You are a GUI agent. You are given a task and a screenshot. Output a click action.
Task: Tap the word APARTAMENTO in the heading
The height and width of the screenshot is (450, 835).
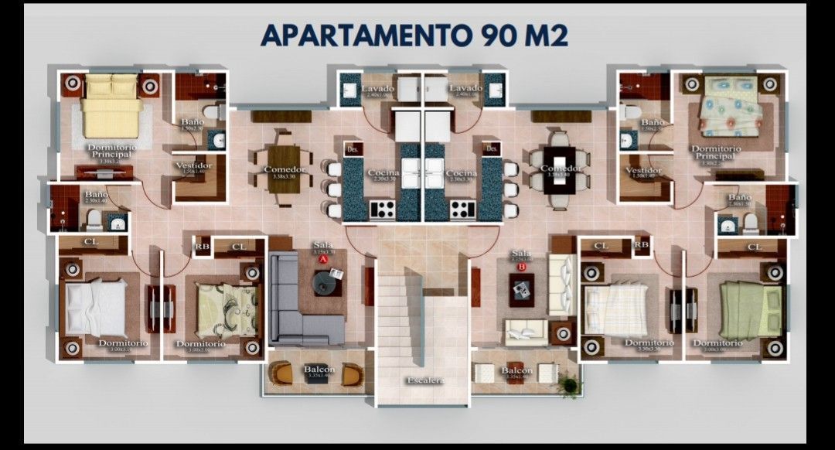point(363,36)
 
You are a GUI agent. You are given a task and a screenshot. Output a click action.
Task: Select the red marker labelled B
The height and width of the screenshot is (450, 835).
point(521,267)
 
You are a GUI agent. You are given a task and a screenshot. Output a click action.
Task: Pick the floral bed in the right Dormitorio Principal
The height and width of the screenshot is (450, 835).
point(730,105)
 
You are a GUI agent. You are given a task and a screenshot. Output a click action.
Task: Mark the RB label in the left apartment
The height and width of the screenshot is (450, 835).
point(202,247)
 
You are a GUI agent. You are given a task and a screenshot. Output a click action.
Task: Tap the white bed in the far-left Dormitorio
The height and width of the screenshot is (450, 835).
point(97,307)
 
